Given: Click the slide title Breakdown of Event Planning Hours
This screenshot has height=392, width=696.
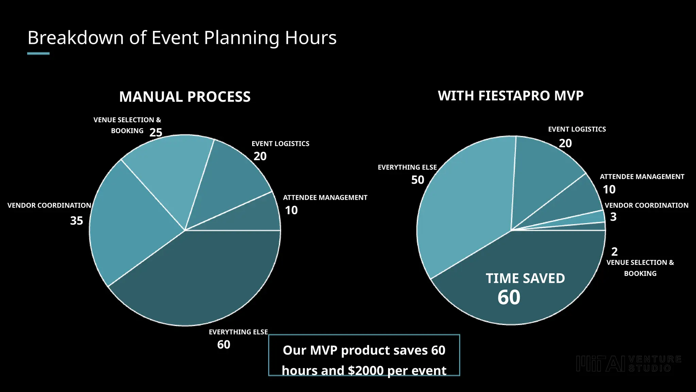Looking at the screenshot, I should [x=182, y=37].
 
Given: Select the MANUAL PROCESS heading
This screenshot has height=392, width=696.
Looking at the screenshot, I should [x=185, y=97].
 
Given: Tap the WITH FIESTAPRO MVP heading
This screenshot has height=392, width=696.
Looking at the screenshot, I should [x=510, y=96].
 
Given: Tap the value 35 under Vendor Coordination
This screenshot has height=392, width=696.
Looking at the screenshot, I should [x=76, y=220].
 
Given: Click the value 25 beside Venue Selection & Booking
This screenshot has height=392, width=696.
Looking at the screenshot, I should [x=156, y=132].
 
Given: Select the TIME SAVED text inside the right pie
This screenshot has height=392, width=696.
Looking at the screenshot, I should [x=525, y=278].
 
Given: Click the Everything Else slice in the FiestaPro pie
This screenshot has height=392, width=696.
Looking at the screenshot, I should [x=469, y=204].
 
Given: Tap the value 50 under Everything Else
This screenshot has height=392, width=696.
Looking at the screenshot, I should [x=418, y=180].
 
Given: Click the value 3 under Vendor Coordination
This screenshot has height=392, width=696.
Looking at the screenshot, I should [x=613, y=217].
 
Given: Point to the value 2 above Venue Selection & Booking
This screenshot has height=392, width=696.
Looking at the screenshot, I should [x=614, y=252].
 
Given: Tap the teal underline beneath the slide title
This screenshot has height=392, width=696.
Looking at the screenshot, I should [x=38, y=53].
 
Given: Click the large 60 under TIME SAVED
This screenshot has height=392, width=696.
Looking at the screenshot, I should [x=509, y=297].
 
